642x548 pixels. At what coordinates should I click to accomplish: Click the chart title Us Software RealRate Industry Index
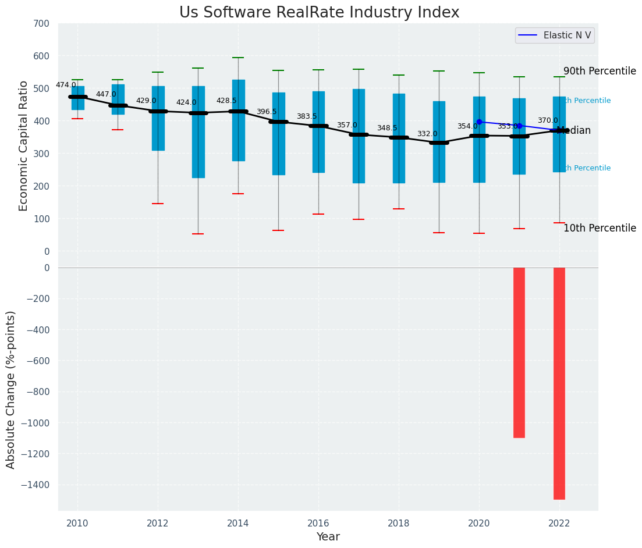319,13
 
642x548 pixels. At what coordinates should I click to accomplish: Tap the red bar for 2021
519,353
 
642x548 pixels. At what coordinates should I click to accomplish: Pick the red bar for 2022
559,383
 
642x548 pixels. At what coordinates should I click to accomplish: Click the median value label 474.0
66,85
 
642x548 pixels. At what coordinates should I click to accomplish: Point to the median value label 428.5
226,101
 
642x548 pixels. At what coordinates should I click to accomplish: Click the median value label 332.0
427,134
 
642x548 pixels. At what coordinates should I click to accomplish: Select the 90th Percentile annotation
600,71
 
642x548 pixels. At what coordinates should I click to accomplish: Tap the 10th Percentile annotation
600,228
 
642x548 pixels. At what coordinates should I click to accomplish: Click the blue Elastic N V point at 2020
479,122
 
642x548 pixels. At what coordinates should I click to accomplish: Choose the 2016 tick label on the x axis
318,524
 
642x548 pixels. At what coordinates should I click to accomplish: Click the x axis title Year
328,537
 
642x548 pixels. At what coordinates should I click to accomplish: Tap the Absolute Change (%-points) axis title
11,389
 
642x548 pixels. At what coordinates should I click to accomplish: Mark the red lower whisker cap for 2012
158,204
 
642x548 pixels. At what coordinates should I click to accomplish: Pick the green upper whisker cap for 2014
238,58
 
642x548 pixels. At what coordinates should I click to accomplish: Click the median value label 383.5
307,116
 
